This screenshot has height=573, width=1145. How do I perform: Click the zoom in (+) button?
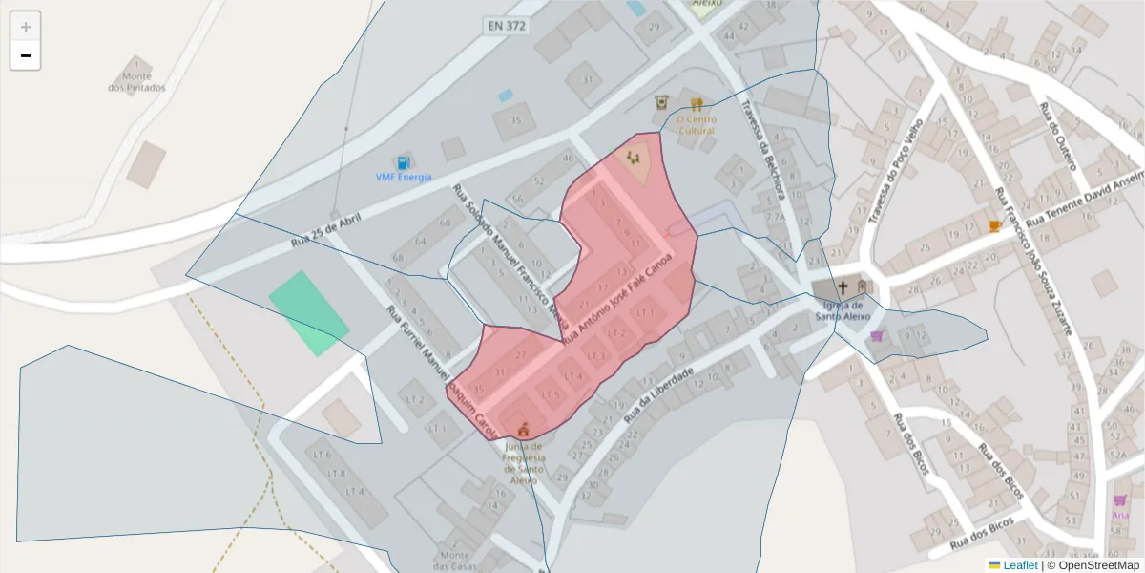pos(26,27)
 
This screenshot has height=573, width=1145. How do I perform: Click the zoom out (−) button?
pos(26,55)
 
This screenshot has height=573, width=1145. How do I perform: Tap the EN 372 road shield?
pos(505,26)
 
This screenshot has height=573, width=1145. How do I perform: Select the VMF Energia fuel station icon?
pos(404,163)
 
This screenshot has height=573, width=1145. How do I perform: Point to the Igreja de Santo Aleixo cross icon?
pos(843,286)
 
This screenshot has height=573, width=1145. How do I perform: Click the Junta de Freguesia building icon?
pos(522,429)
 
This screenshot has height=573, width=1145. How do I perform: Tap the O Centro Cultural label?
pos(696,124)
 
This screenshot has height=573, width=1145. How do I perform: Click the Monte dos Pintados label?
pos(136,81)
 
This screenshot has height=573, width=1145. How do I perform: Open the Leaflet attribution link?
pos(1019,565)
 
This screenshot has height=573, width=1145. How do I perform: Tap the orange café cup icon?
pos(994,225)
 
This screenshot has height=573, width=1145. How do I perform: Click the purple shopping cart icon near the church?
pos(876,336)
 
